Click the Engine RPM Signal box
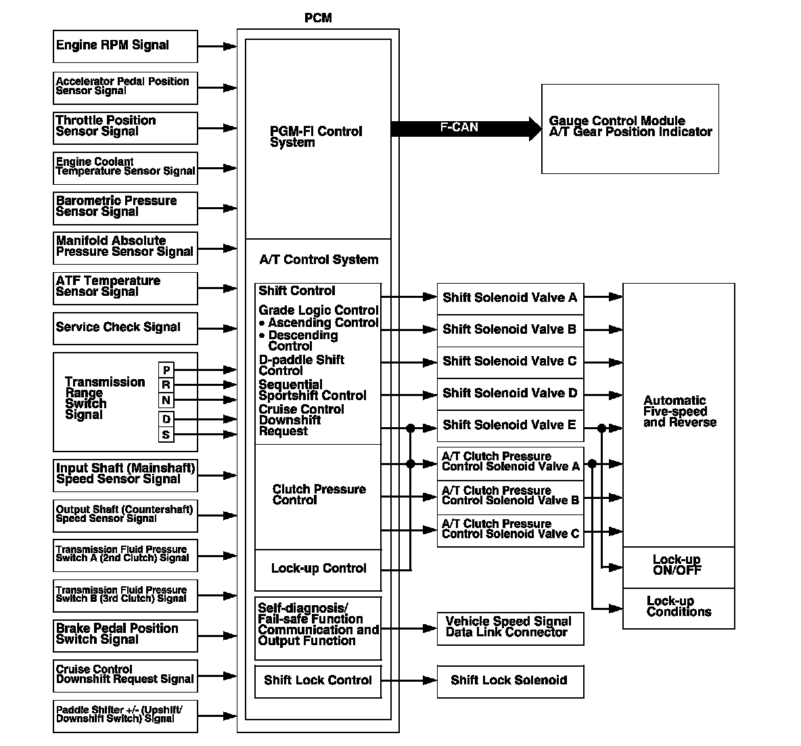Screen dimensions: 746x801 125,46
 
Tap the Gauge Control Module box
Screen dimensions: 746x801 629,129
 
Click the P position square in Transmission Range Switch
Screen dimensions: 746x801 166,370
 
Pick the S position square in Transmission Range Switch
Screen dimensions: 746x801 166,435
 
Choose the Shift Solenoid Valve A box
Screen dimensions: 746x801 510,298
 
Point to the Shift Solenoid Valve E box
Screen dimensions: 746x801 510,425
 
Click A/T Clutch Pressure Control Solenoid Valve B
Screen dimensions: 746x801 510,496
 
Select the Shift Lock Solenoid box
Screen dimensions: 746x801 510,680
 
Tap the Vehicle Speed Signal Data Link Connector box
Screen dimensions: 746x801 510,627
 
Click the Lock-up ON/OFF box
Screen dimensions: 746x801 678,566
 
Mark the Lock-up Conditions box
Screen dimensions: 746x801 678,607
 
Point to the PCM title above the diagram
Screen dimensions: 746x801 318,18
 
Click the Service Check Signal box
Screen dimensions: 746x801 125,328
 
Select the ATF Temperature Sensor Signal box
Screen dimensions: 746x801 125,288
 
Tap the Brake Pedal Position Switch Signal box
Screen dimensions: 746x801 125,635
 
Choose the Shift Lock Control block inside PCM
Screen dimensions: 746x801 318,680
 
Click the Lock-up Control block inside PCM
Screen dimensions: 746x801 318,569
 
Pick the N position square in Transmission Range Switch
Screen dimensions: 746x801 166,401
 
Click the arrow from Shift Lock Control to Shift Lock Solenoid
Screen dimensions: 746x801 409,680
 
